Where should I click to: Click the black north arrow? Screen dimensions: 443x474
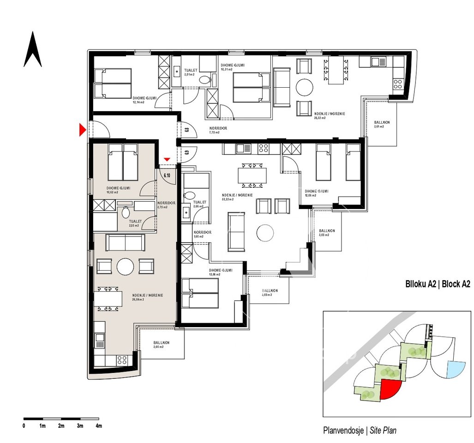click(x=33, y=50)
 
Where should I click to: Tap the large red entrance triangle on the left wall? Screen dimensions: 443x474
click(x=82, y=130)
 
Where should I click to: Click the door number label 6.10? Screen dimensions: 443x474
click(x=167, y=175)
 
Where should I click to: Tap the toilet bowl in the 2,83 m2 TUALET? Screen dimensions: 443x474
click(x=125, y=213)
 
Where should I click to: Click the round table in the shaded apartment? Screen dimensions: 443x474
click(x=125, y=266)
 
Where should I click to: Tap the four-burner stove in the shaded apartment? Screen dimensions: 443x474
click(x=122, y=359)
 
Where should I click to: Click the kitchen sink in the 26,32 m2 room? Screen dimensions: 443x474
click(x=376, y=61)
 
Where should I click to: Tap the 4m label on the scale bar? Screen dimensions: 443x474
click(x=98, y=425)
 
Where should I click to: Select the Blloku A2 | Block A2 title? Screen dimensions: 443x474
click(x=437, y=284)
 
